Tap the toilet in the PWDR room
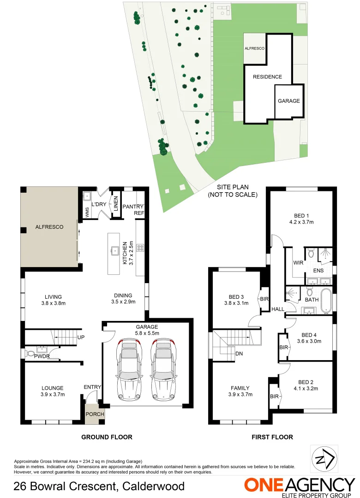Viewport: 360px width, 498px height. click(x=31, y=354)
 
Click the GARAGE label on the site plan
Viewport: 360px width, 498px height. click(x=288, y=101)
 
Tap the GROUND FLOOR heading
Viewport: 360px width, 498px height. click(x=107, y=437)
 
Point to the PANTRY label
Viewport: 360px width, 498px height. click(x=133, y=207)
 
